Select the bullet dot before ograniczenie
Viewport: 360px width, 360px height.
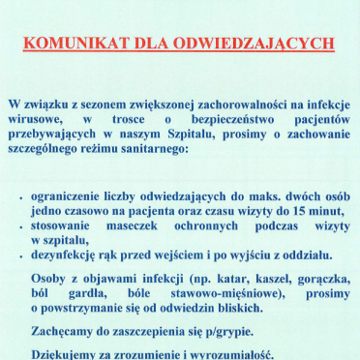pos(21,195)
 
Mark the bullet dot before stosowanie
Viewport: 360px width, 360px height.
pos(21,225)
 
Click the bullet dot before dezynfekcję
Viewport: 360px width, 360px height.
pos(21,256)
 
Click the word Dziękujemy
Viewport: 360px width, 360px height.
pos(71,353)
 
